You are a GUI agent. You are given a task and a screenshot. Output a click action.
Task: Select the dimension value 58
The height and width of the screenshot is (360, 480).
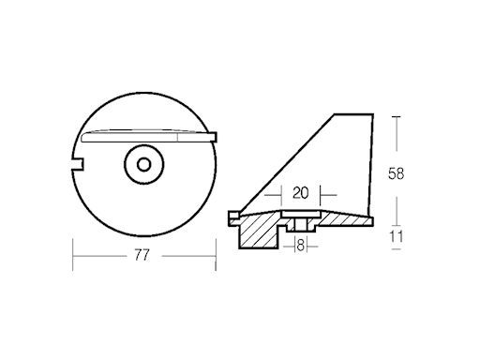(x=397, y=173)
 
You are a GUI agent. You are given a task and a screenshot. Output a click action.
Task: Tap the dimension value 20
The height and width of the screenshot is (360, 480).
(x=300, y=194)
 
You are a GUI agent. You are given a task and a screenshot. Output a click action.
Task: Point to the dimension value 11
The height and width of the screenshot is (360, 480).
(x=397, y=237)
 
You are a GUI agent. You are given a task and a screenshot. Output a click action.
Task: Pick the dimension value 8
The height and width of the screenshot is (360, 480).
(x=300, y=246)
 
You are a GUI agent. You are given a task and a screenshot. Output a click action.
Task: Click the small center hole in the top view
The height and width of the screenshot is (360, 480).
(x=143, y=165)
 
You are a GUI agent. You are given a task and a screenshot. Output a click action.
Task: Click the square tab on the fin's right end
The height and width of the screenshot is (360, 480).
(x=214, y=136)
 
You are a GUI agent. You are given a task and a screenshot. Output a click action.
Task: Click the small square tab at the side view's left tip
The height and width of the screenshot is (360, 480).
(x=232, y=217)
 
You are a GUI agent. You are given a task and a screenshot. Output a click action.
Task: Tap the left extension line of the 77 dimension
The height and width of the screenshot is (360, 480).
(x=72, y=253)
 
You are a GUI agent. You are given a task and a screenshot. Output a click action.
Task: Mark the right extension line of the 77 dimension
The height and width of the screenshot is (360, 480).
(x=216, y=253)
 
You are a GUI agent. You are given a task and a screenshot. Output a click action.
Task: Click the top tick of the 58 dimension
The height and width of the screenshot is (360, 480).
(x=397, y=116)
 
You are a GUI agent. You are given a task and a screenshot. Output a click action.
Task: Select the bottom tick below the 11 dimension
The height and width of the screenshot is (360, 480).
(x=397, y=252)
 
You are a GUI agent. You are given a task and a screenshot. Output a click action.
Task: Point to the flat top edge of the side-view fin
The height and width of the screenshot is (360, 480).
(x=353, y=115)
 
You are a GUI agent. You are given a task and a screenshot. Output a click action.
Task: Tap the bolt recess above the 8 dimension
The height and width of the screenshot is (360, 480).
(x=300, y=225)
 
